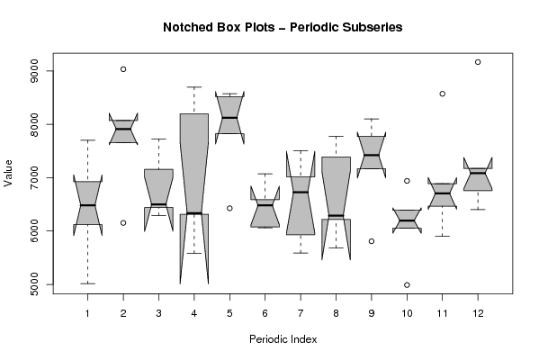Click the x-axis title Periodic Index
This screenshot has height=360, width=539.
coord(283,339)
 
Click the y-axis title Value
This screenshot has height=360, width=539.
coord(8,174)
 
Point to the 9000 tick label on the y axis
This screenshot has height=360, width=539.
coord(34,71)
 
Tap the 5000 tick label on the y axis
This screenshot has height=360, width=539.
coord(34,284)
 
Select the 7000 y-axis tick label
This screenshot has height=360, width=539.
coord(34,178)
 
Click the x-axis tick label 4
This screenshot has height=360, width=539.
coord(194,313)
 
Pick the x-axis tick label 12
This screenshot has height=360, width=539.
coord(478,313)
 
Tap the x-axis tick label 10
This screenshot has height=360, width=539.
coord(407,313)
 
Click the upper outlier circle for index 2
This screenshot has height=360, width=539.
coord(123,69)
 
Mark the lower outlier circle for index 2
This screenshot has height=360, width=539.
coord(123,223)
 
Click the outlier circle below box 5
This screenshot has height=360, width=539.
coord(229,208)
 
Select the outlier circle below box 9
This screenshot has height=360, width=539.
coord(372,241)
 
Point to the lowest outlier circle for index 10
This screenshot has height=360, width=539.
coord(407,284)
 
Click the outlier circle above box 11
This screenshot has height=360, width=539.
coord(443,94)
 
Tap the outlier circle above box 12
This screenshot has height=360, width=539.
coord(478,62)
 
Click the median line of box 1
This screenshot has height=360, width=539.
coord(87,205)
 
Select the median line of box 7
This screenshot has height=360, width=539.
coord(301,192)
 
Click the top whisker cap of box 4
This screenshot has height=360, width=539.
coord(194,87)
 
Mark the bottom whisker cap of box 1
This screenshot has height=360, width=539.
coord(87,283)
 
